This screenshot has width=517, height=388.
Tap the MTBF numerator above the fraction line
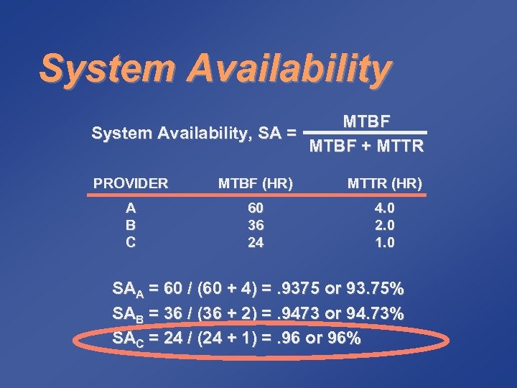click(366, 121)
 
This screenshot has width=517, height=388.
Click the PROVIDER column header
click(131, 183)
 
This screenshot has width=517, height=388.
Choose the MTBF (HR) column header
click(256, 184)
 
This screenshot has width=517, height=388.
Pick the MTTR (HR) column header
click(385, 184)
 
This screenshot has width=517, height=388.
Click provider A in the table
click(131, 208)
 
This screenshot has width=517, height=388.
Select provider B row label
click(131, 226)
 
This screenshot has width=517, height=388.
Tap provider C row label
click(131, 242)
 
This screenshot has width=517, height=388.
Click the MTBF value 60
click(256, 208)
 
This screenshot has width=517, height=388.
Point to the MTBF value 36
click(256, 226)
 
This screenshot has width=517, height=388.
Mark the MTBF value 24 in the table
click(256, 242)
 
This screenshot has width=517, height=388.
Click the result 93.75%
click(376, 290)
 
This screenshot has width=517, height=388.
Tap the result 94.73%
click(376, 314)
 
